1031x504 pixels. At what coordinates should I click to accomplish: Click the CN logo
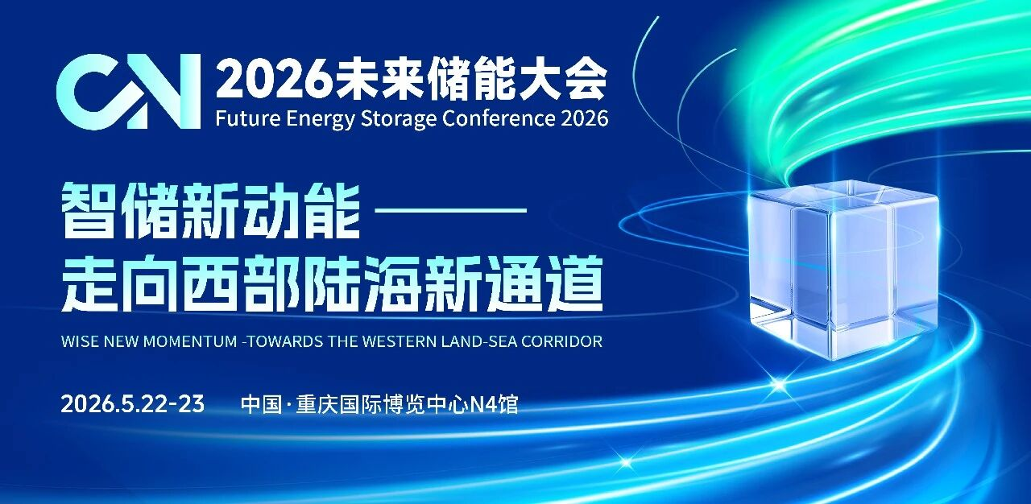128,91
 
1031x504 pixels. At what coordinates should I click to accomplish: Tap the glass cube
843,270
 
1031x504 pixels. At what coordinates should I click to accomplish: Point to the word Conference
499,118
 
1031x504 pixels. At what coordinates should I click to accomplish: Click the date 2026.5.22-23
133,404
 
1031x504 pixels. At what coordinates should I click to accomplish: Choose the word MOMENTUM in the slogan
190,341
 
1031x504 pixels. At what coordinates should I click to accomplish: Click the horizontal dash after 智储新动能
451,210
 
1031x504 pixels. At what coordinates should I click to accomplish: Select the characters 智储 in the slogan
120,211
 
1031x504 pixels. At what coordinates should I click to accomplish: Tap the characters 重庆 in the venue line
317,405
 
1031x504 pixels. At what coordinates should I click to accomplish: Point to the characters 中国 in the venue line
261,405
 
